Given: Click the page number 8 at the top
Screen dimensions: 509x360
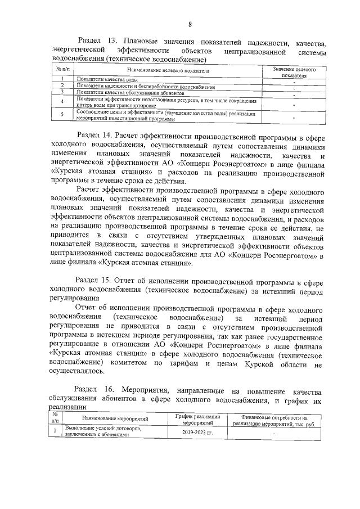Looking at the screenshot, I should (190, 24).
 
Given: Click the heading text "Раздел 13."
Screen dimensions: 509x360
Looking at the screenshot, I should (97, 42).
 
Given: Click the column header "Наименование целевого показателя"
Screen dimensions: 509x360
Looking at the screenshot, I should (168, 71).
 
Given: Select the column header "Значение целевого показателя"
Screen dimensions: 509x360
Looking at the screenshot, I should (294, 71).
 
